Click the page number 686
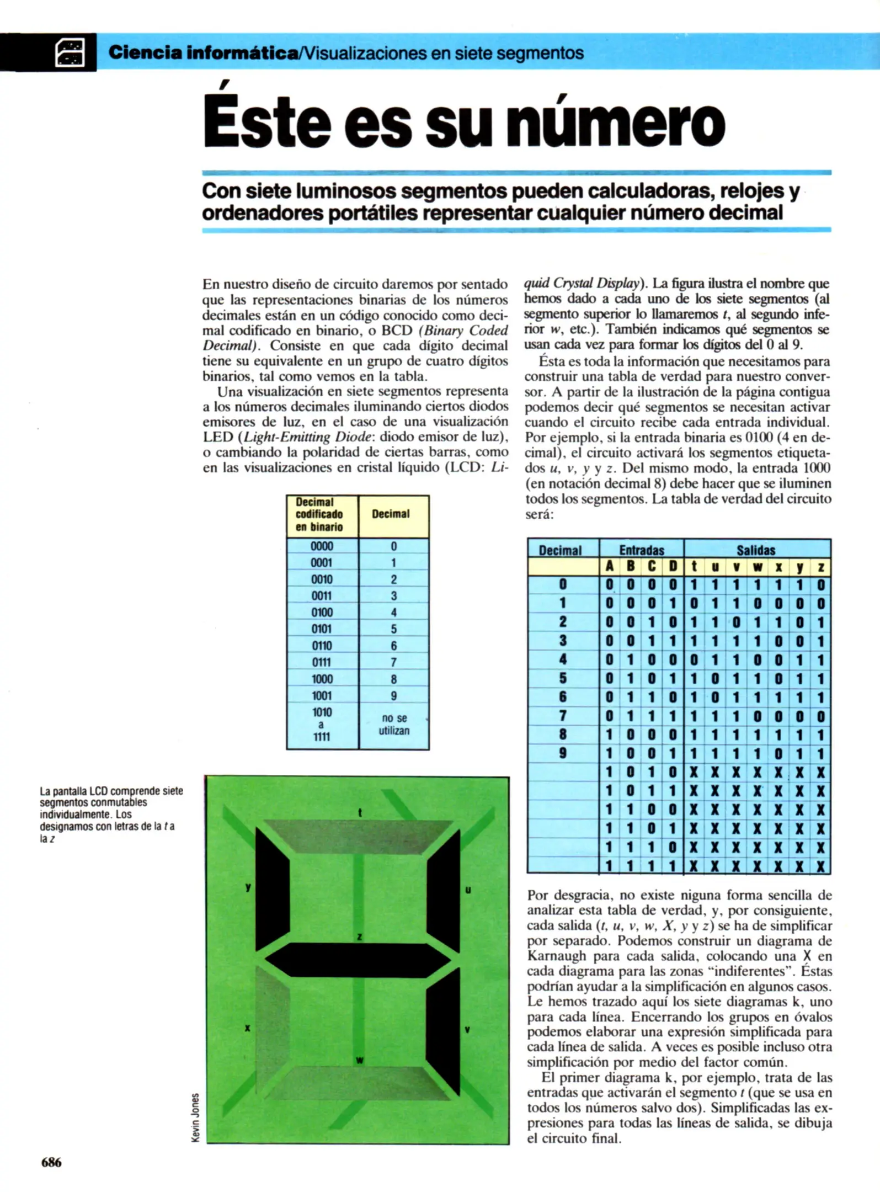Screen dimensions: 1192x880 click(51, 1162)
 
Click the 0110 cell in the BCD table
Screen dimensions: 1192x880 click(322, 645)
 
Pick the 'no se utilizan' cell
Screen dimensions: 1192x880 click(394, 724)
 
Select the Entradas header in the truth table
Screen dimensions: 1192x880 click(641, 550)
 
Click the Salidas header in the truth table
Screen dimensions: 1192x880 click(756, 550)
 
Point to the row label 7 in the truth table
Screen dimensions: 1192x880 click(562, 716)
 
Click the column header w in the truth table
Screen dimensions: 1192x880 click(757, 567)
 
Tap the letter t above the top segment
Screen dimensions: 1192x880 click(360, 812)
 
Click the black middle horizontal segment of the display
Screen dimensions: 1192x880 click(358, 960)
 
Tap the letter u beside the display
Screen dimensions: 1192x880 click(468, 890)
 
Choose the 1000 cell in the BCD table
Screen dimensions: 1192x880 click(322, 679)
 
